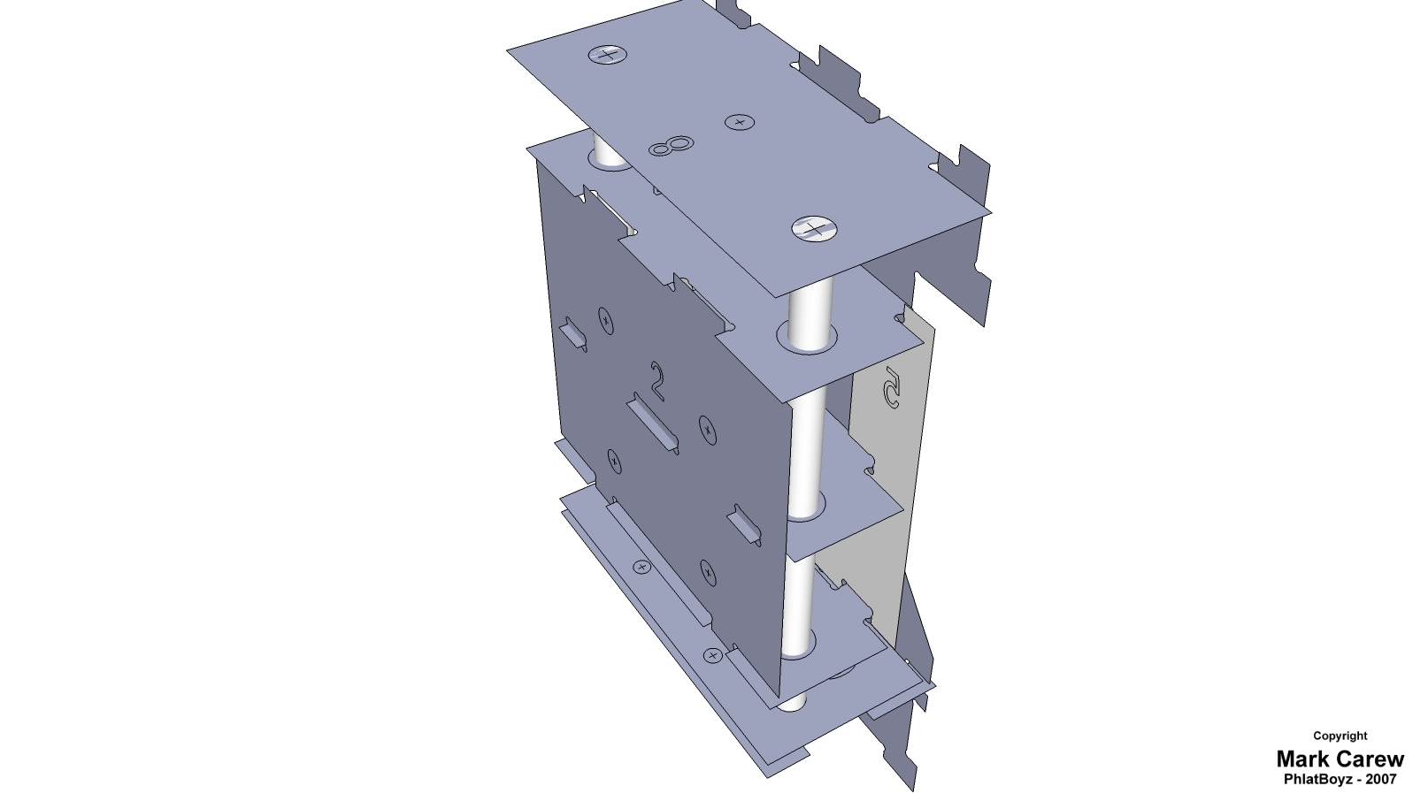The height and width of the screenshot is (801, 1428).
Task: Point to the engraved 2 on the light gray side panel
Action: pos(891,387)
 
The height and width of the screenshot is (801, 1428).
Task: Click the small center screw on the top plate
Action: pos(740,122)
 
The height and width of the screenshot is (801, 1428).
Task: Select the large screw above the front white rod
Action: pos(814,229)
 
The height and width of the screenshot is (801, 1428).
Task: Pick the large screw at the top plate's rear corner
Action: pos(608,54)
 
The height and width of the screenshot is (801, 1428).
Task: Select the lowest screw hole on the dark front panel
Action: pos(708,573)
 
